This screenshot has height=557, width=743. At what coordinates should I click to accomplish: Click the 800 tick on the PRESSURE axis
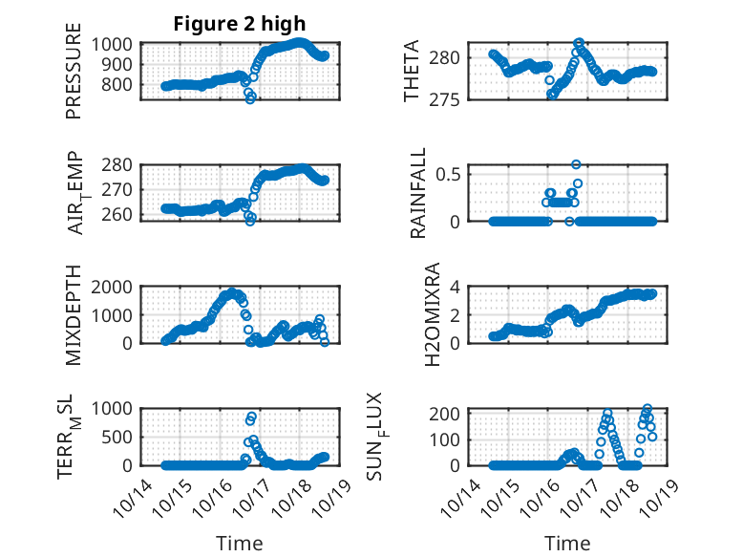point(120,84)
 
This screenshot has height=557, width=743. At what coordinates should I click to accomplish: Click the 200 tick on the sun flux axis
point(451,414)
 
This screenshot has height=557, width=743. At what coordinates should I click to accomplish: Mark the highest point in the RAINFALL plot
point(576,164)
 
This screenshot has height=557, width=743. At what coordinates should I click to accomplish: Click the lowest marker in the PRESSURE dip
point(250,98)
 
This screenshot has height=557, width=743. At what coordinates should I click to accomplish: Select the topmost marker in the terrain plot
point(252,417)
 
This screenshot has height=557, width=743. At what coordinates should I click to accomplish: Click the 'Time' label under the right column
point(566,543)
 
